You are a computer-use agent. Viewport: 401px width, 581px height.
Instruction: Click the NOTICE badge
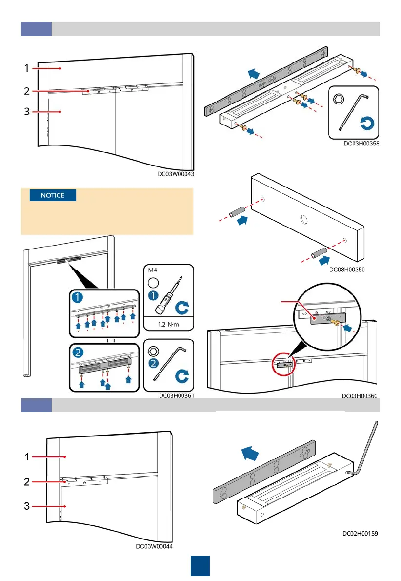point(53,195)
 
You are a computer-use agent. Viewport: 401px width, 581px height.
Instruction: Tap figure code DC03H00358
point(361,144)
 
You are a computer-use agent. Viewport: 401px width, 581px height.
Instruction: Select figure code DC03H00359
point(347,269)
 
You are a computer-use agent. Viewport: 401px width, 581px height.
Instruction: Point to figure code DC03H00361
point(177,396)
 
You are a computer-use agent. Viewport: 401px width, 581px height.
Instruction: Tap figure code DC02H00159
point(360,534)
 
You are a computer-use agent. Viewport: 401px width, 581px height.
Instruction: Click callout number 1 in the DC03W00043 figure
point(27,69)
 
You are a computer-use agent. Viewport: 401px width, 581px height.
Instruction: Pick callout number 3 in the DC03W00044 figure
point(28,506)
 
